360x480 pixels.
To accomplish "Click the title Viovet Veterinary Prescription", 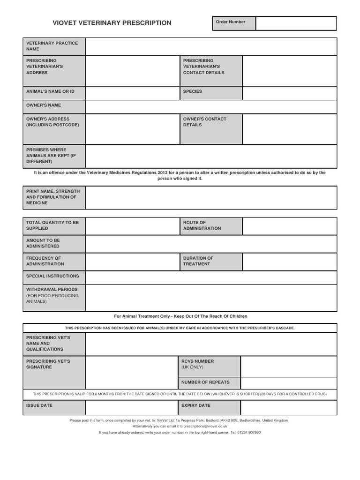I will pos(112,23).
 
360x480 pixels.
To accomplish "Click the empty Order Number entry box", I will pos(296,23).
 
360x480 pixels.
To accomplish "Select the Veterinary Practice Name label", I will pos(52,46).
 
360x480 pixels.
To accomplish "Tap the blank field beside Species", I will pos(289,93).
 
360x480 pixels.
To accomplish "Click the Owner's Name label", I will pos(44,105).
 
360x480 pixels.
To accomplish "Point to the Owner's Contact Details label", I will pos(205,122).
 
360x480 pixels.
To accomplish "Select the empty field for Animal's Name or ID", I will pos(132,93).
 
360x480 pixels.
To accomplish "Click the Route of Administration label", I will pos(202,225).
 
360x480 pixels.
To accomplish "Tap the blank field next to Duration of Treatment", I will pos(289,262).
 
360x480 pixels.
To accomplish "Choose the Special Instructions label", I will pos(52,276).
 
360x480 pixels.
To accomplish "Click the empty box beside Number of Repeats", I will pos(288,382).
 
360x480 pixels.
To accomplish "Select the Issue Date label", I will pos(39,405).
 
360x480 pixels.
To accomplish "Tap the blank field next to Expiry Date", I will pos(289,407).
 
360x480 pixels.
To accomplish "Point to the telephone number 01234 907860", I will pos(249,432).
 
